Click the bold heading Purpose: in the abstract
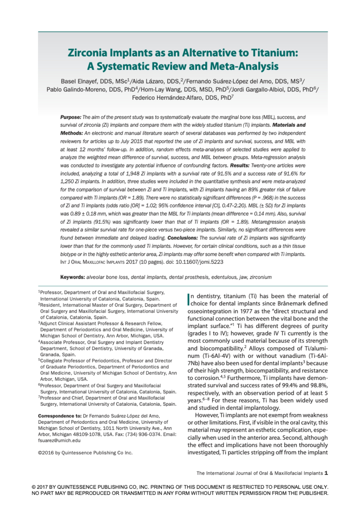[71, 117]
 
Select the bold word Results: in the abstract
[240, 165]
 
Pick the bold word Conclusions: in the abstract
[182, 238]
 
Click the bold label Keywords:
[73, 277]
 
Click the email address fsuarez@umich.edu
[59, 440]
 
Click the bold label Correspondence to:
[60, 416]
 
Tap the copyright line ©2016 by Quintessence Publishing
[85, 453]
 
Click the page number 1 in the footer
[326, 473]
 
